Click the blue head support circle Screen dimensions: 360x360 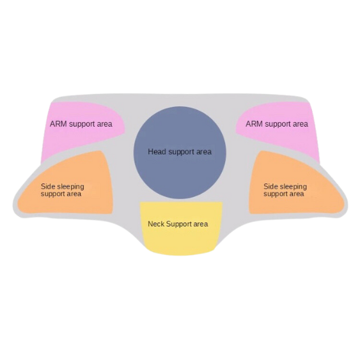180,152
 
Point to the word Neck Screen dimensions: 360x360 156,224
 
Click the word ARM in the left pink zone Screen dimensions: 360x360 59,124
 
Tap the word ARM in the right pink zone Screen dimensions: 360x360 254,124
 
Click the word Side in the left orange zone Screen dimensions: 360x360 47,186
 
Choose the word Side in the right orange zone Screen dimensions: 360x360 270,186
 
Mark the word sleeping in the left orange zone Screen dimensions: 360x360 70,187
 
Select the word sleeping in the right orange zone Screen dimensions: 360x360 293,187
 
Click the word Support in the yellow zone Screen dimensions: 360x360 180,224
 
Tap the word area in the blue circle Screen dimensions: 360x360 203,152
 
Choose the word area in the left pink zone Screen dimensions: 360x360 104,125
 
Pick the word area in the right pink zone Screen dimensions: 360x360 300,125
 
